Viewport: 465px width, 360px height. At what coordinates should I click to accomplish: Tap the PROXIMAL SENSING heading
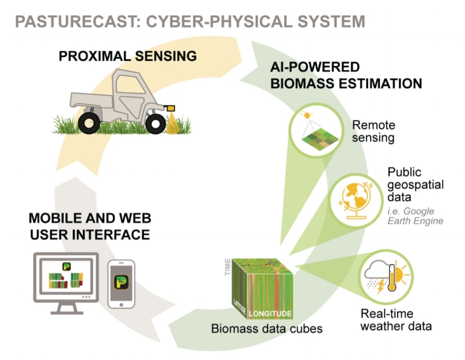(x=128, y=56)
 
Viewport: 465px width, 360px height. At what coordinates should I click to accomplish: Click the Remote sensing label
(x=373, y=132)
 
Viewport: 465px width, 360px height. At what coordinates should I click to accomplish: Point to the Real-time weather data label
(x=396, y=320)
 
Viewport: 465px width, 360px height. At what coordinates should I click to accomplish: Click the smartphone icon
(x=121, y=284)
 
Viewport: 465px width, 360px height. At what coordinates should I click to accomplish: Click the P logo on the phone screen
(x=121, y=283)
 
